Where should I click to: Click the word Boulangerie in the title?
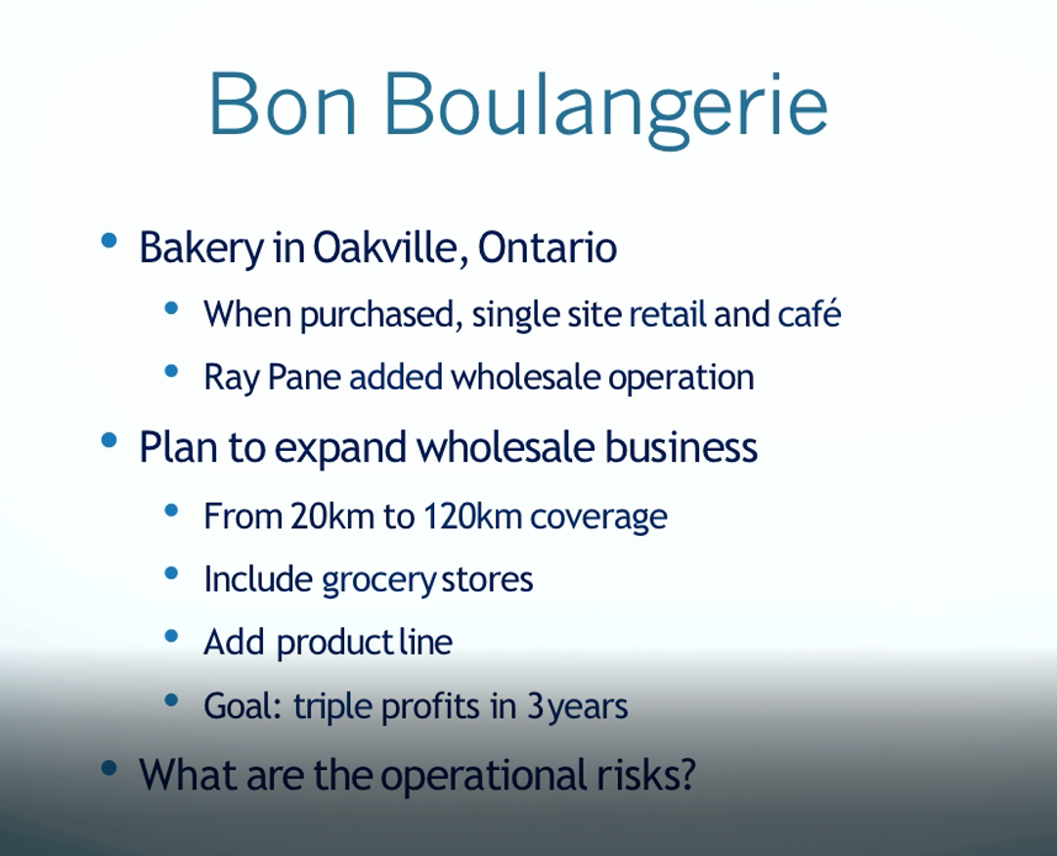point(605,108)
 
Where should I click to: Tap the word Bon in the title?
point(283,104)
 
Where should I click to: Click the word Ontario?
point(548,247)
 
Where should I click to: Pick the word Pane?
point(304,377)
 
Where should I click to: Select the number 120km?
point(472,516)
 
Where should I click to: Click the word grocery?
point(378,581)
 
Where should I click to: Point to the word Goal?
point(242,706)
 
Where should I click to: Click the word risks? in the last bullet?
point(645,775)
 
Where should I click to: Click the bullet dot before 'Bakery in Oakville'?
point(109,240)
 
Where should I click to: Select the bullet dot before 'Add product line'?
point(171,636)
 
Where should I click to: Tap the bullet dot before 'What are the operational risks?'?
point(109,768)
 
